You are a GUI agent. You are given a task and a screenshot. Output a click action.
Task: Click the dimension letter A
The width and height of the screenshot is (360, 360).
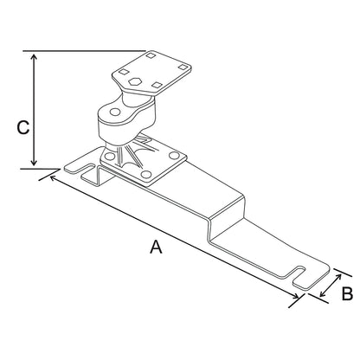click(x=156, y=247)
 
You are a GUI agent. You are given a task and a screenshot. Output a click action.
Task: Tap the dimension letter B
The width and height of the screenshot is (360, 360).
click(x=346, y=294)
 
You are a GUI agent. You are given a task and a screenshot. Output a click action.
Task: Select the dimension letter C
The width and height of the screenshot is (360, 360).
click(x=24, y=127)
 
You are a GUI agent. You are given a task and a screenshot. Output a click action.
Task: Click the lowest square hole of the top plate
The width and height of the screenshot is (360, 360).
click(x=157, y=83)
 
